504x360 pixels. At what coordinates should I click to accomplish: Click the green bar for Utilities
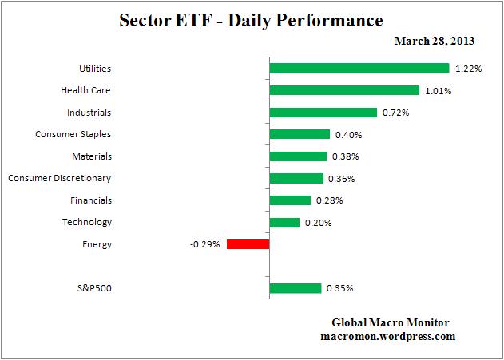coord(359,69)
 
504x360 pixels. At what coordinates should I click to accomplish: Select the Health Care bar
coord(344,90)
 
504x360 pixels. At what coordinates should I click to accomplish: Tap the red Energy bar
coord(248,244)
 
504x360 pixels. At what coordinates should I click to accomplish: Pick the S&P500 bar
coord(296,288)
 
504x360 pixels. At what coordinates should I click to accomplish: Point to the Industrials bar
coord(323,113)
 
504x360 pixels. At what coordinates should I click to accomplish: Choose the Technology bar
coord(284,222)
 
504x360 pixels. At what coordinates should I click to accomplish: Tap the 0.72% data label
coord(396,113)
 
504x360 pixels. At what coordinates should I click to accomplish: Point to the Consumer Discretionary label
coord(60,178)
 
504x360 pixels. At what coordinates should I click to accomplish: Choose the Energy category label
coord(97,244)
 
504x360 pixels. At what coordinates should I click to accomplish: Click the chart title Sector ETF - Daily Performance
coord(251,19)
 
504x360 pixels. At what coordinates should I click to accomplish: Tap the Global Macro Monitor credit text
coord(391,322)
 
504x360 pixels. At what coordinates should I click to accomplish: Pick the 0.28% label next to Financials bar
coord(329,200)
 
